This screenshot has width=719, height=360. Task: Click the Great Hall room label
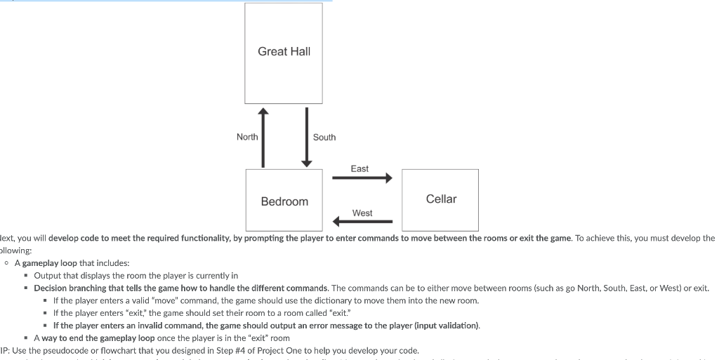pos(284,51)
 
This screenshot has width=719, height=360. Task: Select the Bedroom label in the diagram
pos(284,201)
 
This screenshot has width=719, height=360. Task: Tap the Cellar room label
pos(441,199)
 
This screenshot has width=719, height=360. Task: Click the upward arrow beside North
pos(263,138)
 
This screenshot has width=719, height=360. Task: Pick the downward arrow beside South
pos(306,138)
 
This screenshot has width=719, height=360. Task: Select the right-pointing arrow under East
pos(362,178)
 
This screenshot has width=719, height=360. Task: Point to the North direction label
pos(247,137)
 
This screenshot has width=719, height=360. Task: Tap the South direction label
pos(324,138)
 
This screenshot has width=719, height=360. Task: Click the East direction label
pos(359,168)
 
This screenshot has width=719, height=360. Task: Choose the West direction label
pos(362,213)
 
